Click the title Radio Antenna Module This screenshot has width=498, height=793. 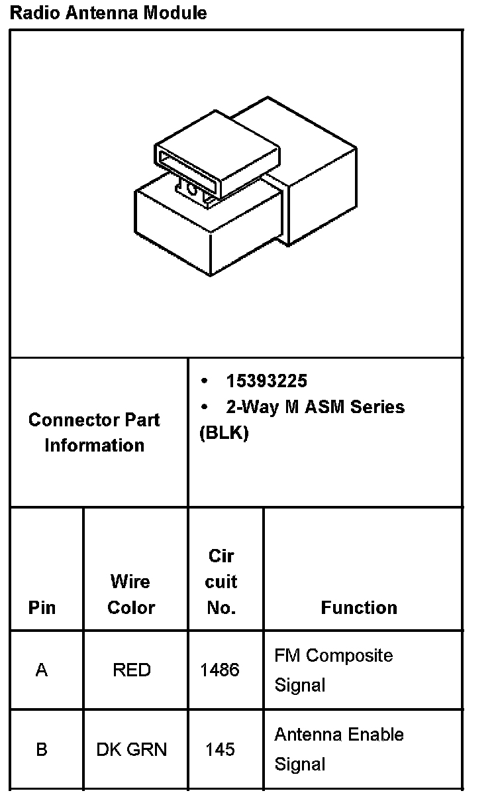coord(108,13)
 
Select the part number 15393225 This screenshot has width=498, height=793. coord(266,381)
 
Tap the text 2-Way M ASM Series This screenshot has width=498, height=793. coord(315,406)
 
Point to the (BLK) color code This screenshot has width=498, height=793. coord(224,433)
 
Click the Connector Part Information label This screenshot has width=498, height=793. coord(94,432)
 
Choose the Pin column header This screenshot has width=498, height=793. coord(42,607)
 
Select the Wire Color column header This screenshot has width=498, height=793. coord(131,594)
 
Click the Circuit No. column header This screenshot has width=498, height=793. coord(221,581)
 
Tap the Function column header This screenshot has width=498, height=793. coord(359,607)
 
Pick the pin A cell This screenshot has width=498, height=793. coord(42,670)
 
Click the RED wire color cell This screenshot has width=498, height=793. coord(131,670)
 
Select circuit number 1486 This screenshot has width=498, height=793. coord(220,670)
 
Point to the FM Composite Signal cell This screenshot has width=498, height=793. coord(333,670)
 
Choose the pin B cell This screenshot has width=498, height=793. coord(42,750)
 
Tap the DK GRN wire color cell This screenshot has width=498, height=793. coord(131,750)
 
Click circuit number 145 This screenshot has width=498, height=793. coord(220,750)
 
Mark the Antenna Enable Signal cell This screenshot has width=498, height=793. coord(338,749)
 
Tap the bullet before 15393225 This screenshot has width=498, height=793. coord(205,381)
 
